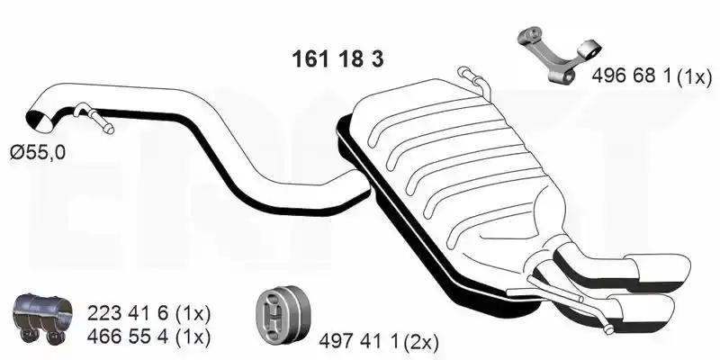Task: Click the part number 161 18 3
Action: pyautogui.click(x=337, y=59)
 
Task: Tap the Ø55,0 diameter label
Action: pyautogui.click(x=38, y=152)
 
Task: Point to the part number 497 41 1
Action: pyautogui.click(x=361, y=341)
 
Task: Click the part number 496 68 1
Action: pyautogui.click(x=634, y=76)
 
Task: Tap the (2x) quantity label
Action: pyautogui.click(x=421, y=342)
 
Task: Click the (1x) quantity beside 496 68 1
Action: pyautogui.click(x=695, y=76)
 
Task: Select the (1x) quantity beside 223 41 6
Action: pyautogui.click(x=193, y=314)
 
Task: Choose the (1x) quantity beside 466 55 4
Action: pyautogui.click(x=193, y=337)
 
